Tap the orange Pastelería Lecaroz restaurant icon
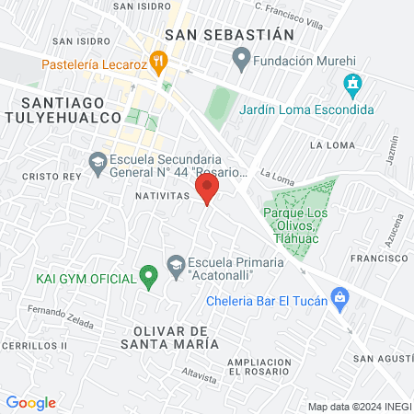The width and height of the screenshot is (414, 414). [159, 63]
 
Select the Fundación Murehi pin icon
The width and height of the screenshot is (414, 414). [241, 61]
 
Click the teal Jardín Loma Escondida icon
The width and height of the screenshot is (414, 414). [352, 86]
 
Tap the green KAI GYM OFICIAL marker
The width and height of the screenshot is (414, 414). [146, 275]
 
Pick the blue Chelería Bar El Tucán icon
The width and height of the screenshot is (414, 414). [339, 296]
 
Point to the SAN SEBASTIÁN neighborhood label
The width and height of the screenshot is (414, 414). [229, 34]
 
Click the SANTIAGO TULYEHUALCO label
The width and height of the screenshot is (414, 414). [63, 109]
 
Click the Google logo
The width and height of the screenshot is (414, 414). [30, 402]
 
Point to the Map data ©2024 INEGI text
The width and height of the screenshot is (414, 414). [358, 407]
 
